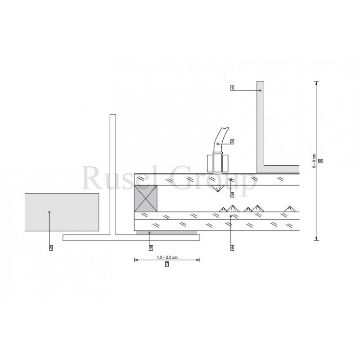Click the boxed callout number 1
click(x=232, y=88)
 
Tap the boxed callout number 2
click(x=232, y=141)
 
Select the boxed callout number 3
click(x=232, y=195)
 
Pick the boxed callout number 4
click(x=232, y=248)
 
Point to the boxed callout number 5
click(x=151, y=248)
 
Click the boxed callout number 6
click(x=51, y=248)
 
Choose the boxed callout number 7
click(x=167, y=264)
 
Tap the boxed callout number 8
click(x=321, y=161)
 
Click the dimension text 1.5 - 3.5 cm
click(x=167, y=257)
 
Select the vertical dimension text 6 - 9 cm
click(x=314, y=161)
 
